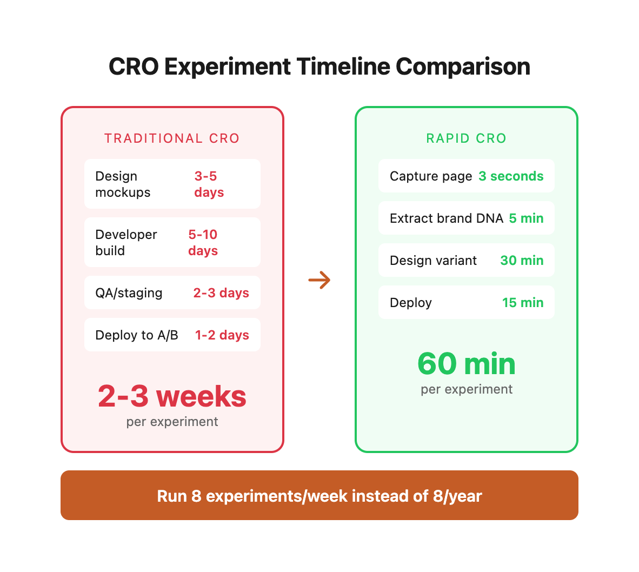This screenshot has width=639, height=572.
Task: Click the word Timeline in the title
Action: point(343,67)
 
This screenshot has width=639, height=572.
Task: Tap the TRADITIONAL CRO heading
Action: point(172,138)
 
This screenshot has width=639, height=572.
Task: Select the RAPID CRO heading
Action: point(466,138)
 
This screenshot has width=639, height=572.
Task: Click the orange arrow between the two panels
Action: point(319,280)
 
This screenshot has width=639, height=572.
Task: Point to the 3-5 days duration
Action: point(209,184)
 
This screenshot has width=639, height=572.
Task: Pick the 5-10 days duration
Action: point(203,243)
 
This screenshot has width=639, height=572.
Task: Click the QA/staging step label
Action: point(129,293)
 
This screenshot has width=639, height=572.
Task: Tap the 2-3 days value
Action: point(221,293)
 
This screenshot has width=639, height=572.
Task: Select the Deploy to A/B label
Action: point(137,335)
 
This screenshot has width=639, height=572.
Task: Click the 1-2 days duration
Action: point(222,335)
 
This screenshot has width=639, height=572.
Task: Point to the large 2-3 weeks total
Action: point(172,396)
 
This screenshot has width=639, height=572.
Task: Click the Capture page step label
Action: point(431,176)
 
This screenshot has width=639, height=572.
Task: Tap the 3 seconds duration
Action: point(511,176)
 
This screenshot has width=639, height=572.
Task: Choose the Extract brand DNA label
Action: point(446,218)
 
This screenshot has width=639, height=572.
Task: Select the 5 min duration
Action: point(526,218)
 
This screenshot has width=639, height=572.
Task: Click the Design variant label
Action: point(433,261)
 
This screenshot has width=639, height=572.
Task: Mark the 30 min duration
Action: point(522,261)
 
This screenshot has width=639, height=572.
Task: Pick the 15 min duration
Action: point(523,303)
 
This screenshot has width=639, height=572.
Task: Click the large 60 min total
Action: point(466,364)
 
